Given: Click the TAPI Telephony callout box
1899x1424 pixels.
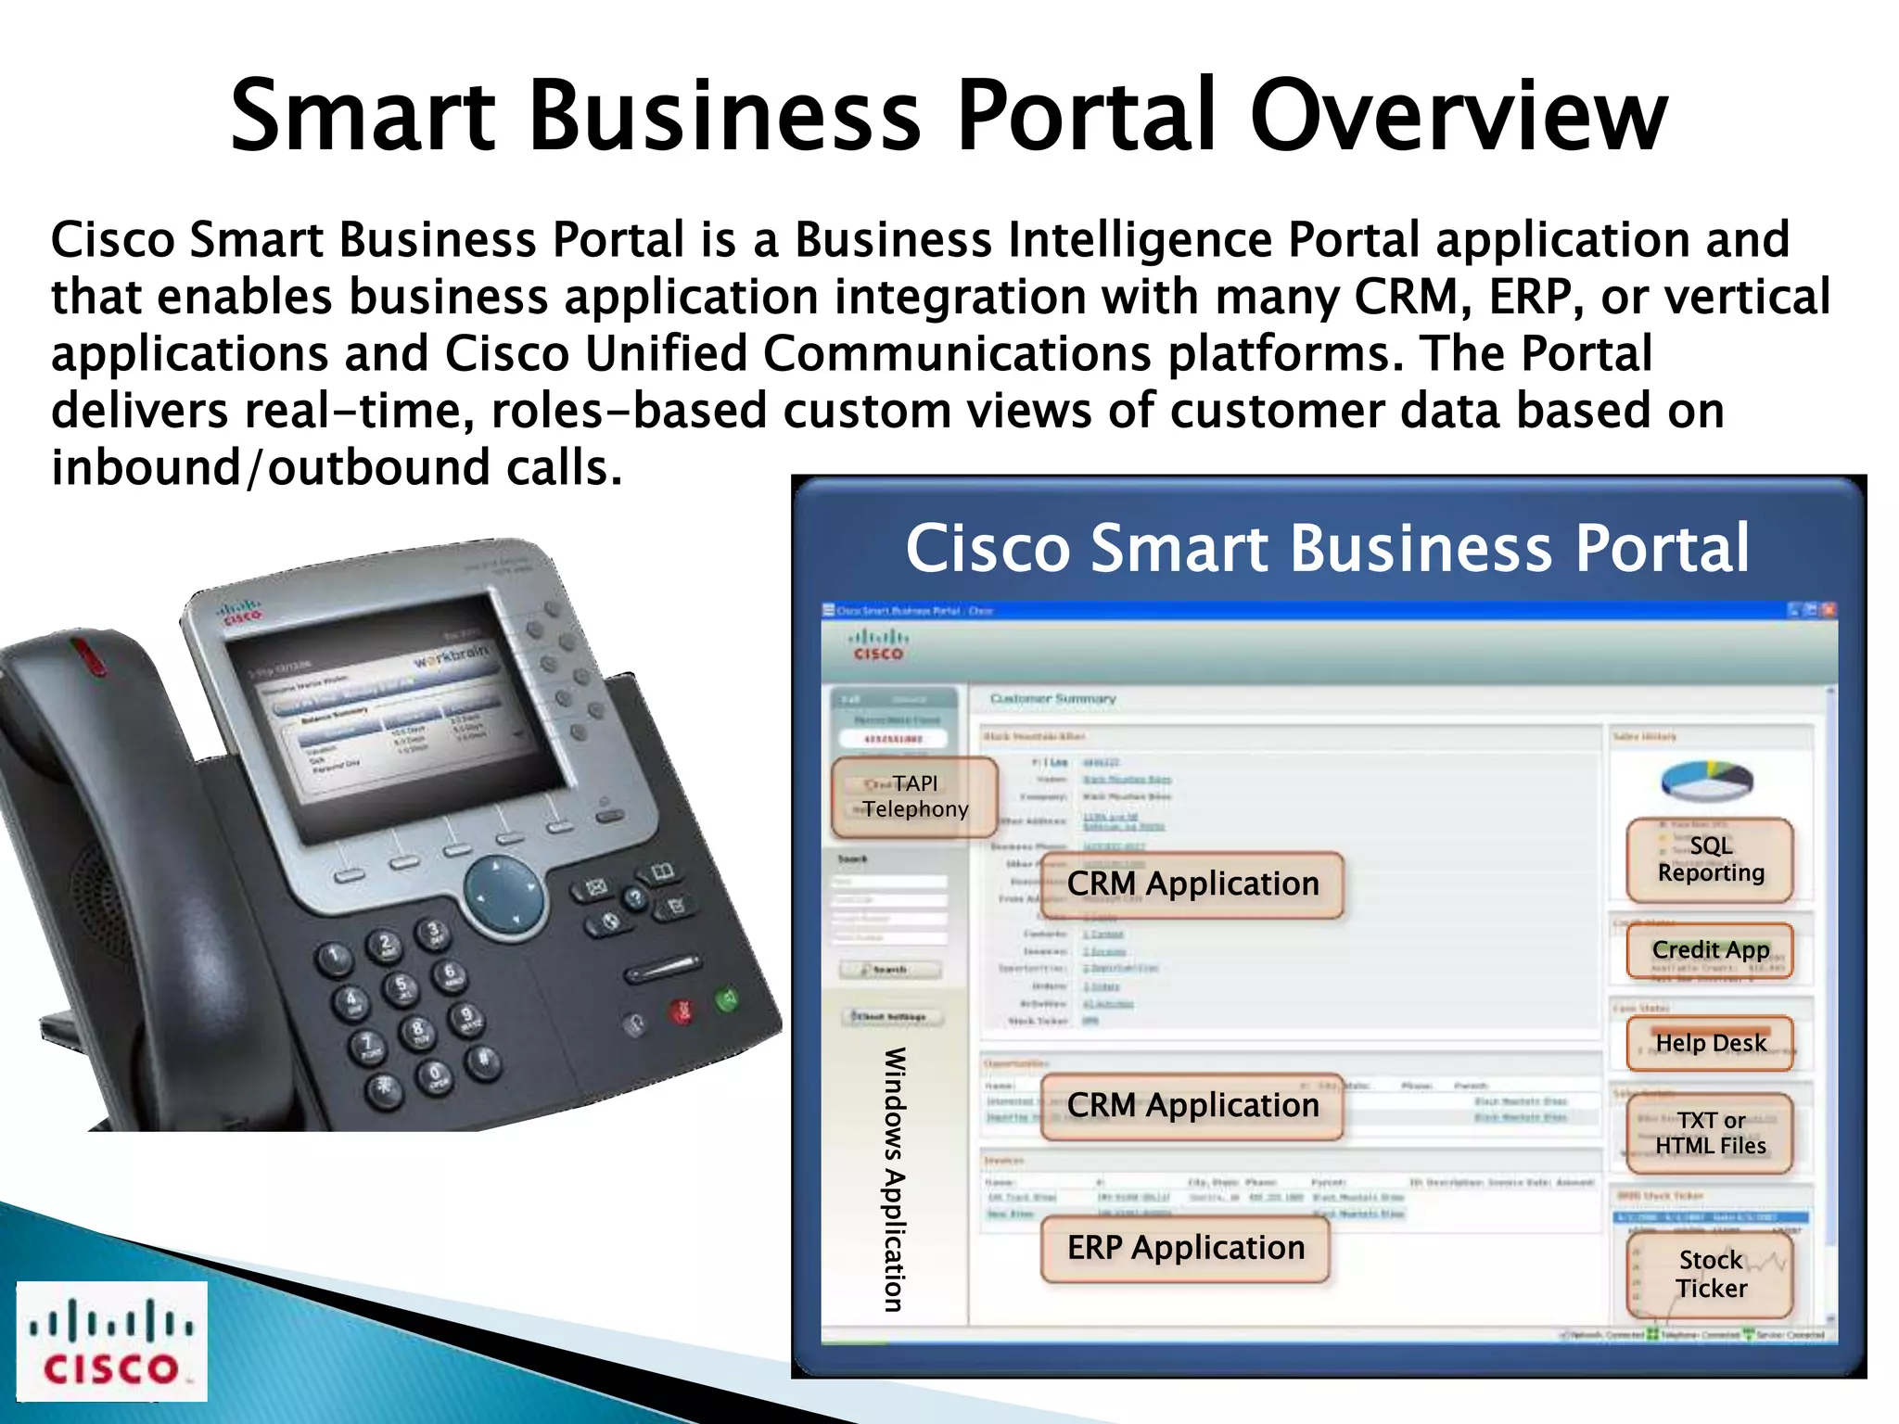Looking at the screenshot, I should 914,797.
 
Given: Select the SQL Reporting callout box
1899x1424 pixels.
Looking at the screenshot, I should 1710,859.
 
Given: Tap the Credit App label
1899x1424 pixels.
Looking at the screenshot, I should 1710,950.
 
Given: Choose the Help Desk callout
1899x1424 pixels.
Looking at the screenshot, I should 1710,1044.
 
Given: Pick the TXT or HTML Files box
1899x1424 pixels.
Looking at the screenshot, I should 1710,1133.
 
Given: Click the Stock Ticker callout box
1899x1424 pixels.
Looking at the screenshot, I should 1710,1275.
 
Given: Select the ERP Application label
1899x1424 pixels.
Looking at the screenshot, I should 1185,1249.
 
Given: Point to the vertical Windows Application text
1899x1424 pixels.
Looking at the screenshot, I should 894,1179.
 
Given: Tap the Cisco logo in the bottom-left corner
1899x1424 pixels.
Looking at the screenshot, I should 111,1341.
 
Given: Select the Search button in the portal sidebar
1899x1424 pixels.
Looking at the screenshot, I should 889,970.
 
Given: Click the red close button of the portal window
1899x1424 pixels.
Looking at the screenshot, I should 1828,610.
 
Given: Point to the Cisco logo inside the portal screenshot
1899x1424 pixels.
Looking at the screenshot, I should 877,644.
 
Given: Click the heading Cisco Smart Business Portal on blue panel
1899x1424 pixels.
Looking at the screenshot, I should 1327,548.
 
